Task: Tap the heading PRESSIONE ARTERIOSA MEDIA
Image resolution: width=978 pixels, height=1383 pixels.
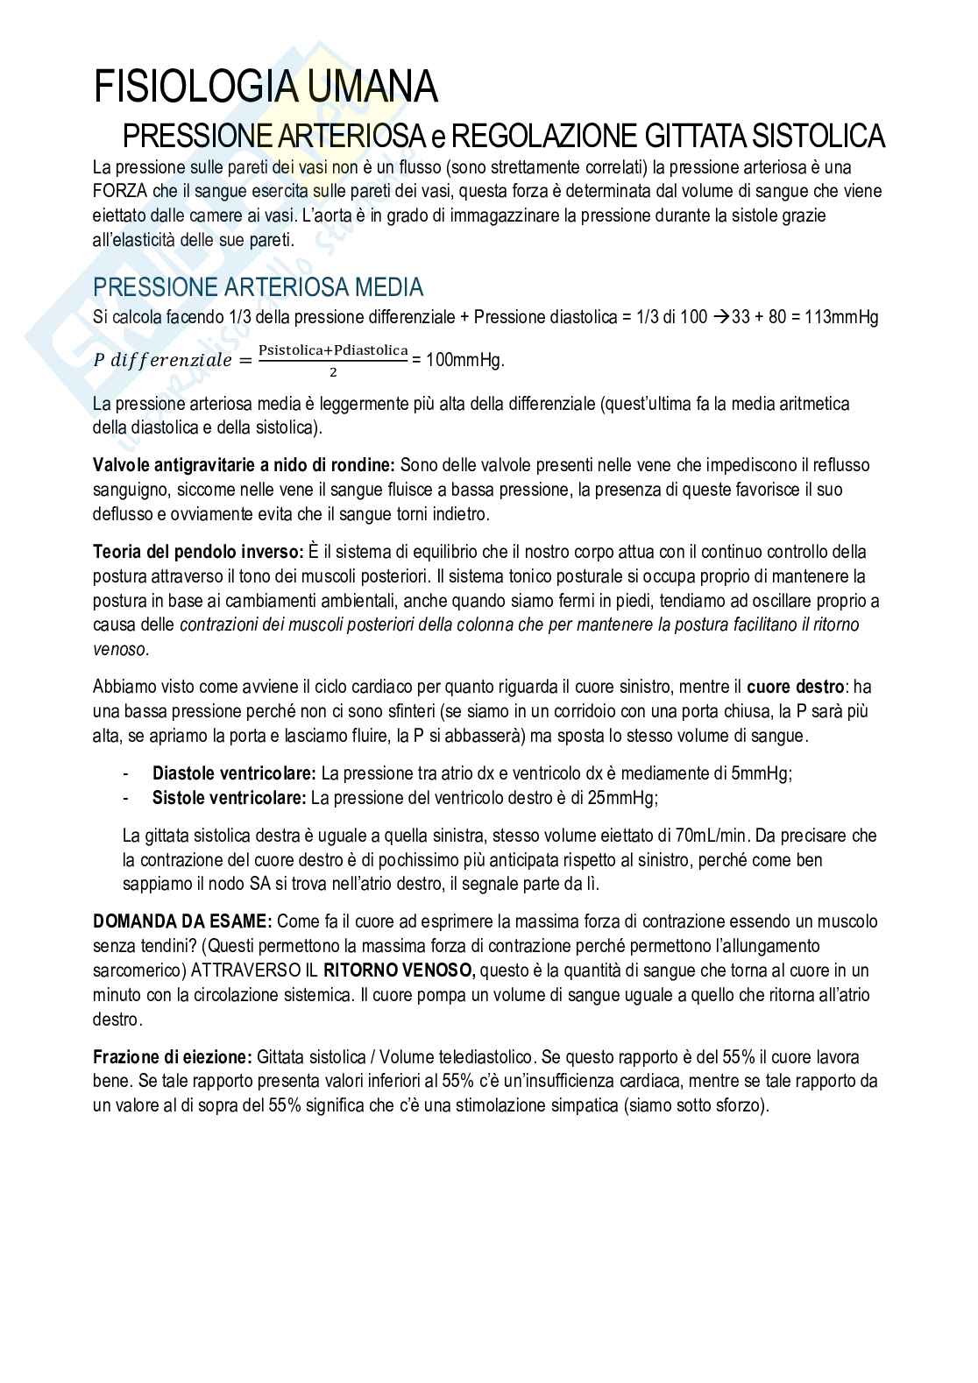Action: coord(258,286)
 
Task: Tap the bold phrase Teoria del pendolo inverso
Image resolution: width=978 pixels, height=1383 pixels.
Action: coord(198,553)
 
